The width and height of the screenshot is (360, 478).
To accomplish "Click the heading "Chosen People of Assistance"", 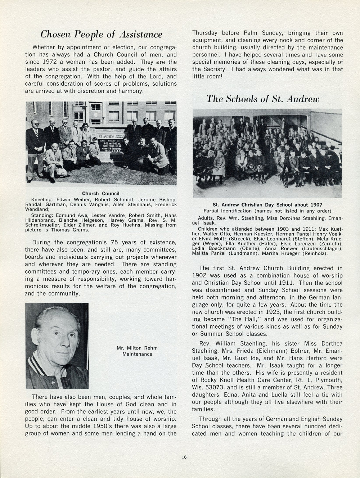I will (101, 34).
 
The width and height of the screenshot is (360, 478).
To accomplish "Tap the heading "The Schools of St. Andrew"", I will (263, 99).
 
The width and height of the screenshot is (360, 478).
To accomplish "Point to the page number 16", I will (184, 457).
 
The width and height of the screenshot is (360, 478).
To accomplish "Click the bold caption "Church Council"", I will (101, 194).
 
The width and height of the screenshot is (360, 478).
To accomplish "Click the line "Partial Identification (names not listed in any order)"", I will (267, 211).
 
